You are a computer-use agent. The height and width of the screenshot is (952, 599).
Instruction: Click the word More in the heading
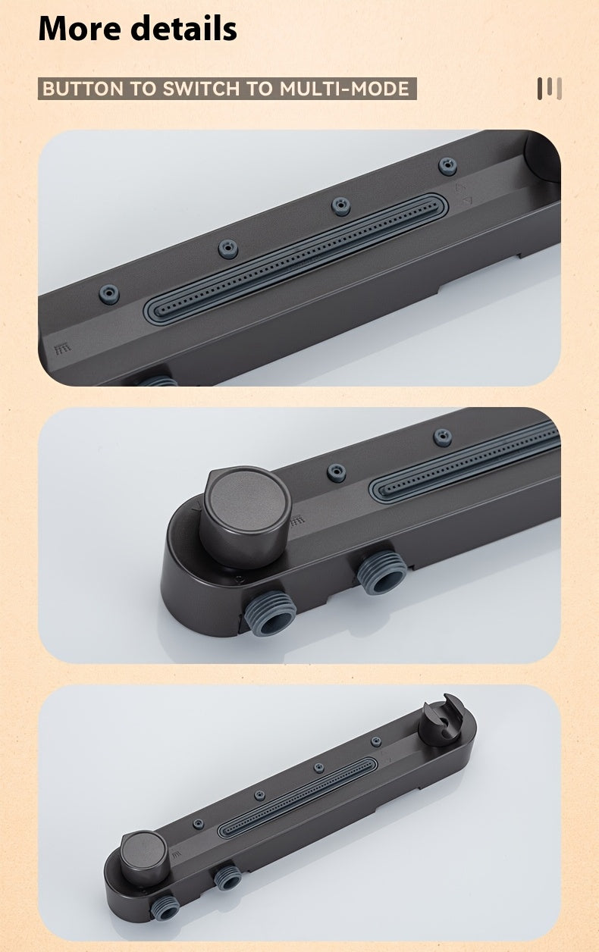[x=80, y=28]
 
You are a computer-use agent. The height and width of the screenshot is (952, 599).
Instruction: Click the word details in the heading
[x=183, y=28]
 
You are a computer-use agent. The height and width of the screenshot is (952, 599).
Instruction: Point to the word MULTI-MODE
[x=344, y=89]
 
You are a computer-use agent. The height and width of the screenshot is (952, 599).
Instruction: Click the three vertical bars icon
[x=549, y=89]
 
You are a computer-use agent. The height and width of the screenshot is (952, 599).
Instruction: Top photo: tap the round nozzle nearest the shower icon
[x=109, y=294]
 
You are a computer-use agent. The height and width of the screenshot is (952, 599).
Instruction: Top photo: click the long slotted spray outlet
[x=296, y=258]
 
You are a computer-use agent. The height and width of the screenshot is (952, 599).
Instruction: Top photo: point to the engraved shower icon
[x=62, y=349]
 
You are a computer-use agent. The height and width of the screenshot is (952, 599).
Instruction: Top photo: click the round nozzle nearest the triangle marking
[x=447, y=166]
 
